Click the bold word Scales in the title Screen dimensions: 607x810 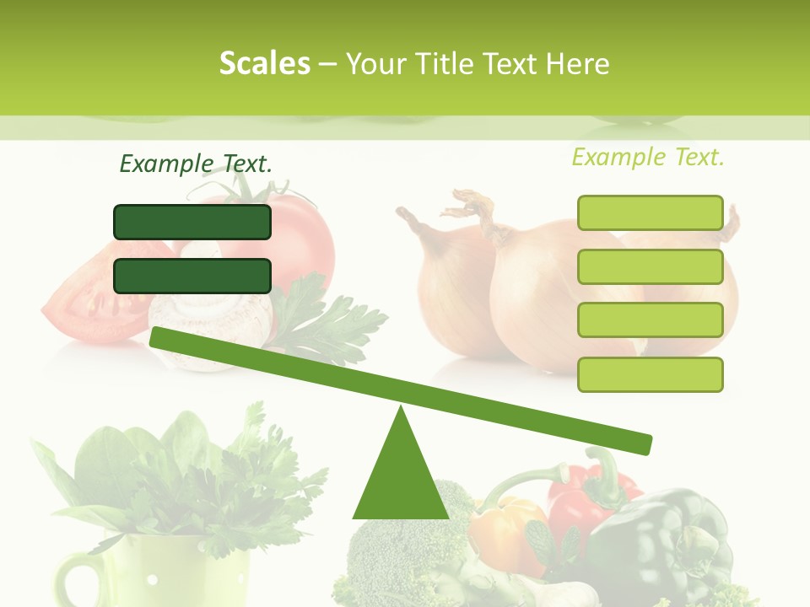point(264,63)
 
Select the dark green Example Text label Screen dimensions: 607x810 point(196,164)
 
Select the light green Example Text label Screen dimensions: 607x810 point(648,157)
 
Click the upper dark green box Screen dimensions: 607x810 point(192,222)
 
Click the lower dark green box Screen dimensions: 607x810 point(192,276)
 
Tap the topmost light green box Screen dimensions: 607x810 point(650,212)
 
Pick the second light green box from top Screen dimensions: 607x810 point(650,266)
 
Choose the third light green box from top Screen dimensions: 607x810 point(650,320)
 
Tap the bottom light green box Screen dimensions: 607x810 point(650,374)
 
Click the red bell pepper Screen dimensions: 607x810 point(582,506)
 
